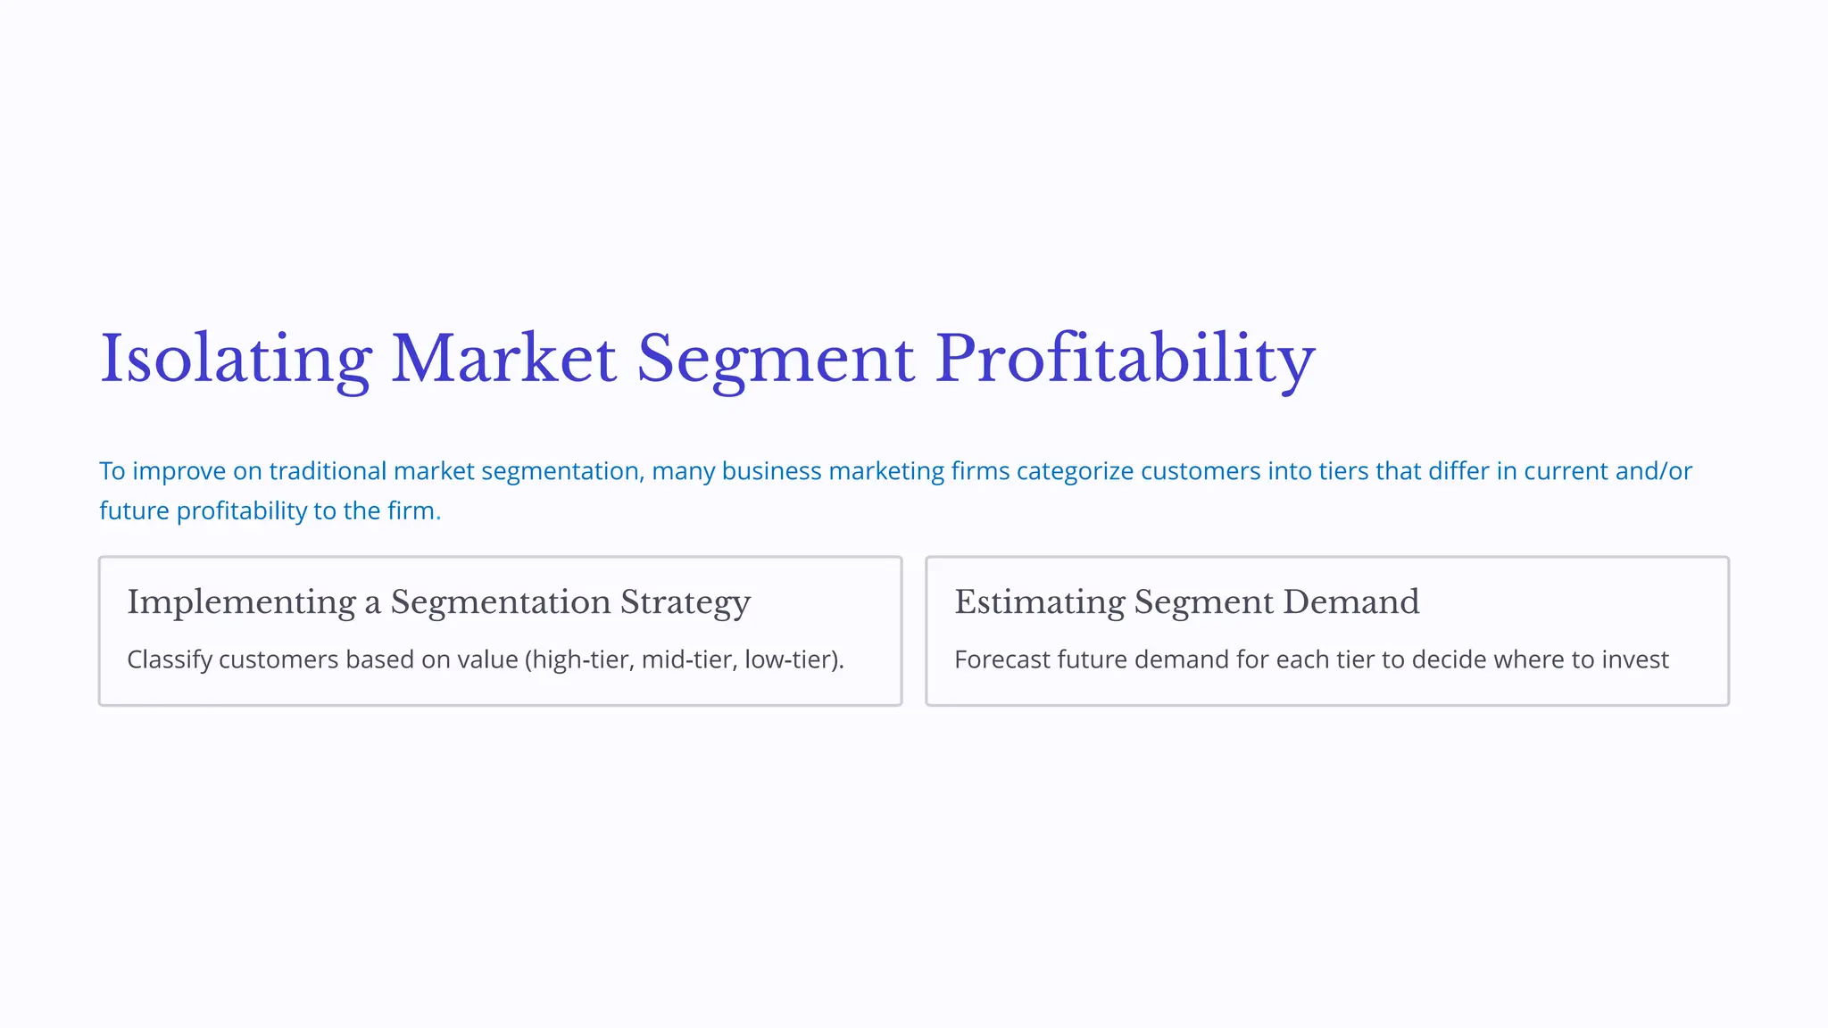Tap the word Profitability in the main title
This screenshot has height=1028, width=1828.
[x=1125, y=359]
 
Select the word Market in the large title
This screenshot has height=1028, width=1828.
[x=503, y=359]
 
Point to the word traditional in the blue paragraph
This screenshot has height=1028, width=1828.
[x=328, y=471]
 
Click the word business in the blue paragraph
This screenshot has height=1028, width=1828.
[x=771, y=471]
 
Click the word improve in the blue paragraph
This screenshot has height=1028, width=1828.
[x=179, y=471]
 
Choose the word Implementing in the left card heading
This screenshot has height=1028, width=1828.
[x=241, y=602]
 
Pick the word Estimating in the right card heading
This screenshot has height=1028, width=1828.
[x=1039, y=602]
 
